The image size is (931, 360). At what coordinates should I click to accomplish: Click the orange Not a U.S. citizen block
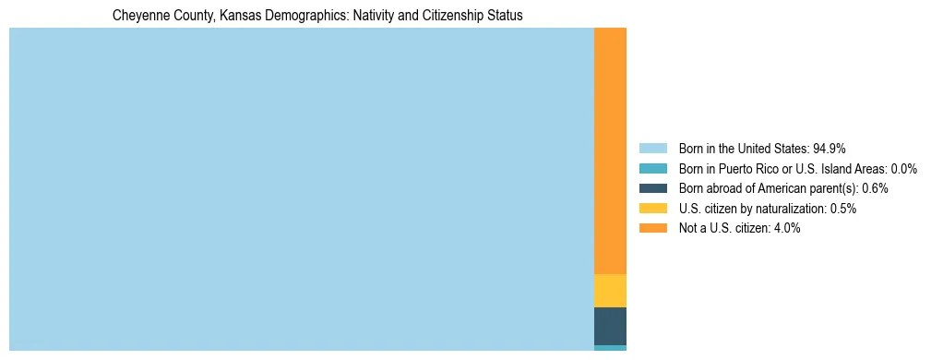[610, 150]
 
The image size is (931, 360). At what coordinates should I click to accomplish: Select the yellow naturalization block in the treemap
[610, 290]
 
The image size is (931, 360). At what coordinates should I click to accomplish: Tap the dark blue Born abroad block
[610, 326]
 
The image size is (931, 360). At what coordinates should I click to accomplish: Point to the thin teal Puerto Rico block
[610, 348]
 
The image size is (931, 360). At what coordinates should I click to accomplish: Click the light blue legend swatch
[652, 148]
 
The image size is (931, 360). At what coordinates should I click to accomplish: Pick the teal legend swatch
[652, 168]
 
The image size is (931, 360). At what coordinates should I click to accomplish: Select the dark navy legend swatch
[652, 188]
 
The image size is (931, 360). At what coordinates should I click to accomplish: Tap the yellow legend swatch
[652, 209]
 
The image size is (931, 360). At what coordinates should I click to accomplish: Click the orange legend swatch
[652, 228]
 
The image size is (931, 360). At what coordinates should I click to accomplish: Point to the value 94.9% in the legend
[830, 148]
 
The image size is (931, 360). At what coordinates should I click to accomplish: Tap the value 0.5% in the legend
[842, 209]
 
